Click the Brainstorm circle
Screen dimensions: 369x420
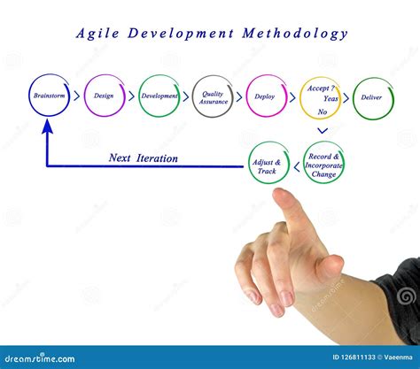pos(49,96)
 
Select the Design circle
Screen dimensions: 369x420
pos(105,96)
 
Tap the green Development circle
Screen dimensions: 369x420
pos(159,96)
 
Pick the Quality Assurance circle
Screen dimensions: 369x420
pos(213,96)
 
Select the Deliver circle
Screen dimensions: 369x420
pos(373,96)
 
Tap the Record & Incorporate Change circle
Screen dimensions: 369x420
pos(324,165)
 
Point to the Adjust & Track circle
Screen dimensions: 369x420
pos(269,165)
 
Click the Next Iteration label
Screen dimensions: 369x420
pos(144,158)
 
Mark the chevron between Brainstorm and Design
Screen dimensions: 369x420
pos(76,96)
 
